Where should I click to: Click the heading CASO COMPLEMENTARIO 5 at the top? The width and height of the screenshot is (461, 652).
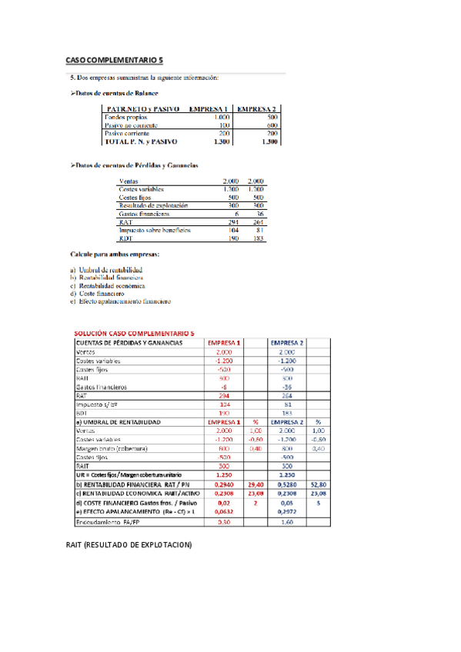(x=114, y=60)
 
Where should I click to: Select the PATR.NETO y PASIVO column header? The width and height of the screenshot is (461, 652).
(x=142, y=109)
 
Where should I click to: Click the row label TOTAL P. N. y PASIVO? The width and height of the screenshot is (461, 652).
(x=141, y=141)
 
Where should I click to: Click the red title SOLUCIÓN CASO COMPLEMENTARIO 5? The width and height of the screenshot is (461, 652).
(x=134, y=333)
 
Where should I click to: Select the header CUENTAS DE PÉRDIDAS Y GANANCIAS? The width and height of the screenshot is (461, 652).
(x=129, y=342)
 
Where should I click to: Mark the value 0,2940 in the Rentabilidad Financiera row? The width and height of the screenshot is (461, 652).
(x=223, y=485)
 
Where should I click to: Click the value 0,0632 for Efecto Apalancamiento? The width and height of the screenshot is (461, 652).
(x=223, y=512)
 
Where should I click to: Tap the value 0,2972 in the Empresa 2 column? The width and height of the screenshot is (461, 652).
(x=287, y=512)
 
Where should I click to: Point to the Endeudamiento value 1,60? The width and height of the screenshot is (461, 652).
(x=287, y=522)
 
